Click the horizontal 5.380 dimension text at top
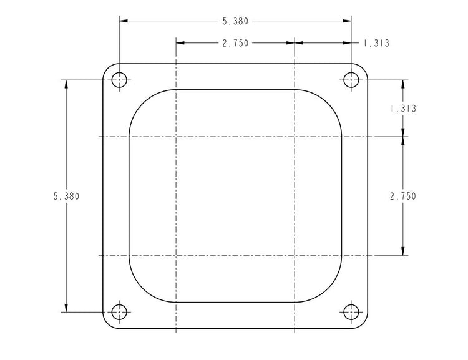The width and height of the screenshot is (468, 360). [235, 21]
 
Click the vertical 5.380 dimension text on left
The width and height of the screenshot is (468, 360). [66, 196]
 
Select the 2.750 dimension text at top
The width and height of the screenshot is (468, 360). [235, 43]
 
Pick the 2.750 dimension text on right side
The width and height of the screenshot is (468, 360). [403, 196]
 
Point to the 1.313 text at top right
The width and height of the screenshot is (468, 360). [376, 43]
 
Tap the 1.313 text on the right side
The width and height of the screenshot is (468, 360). [403, 109]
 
